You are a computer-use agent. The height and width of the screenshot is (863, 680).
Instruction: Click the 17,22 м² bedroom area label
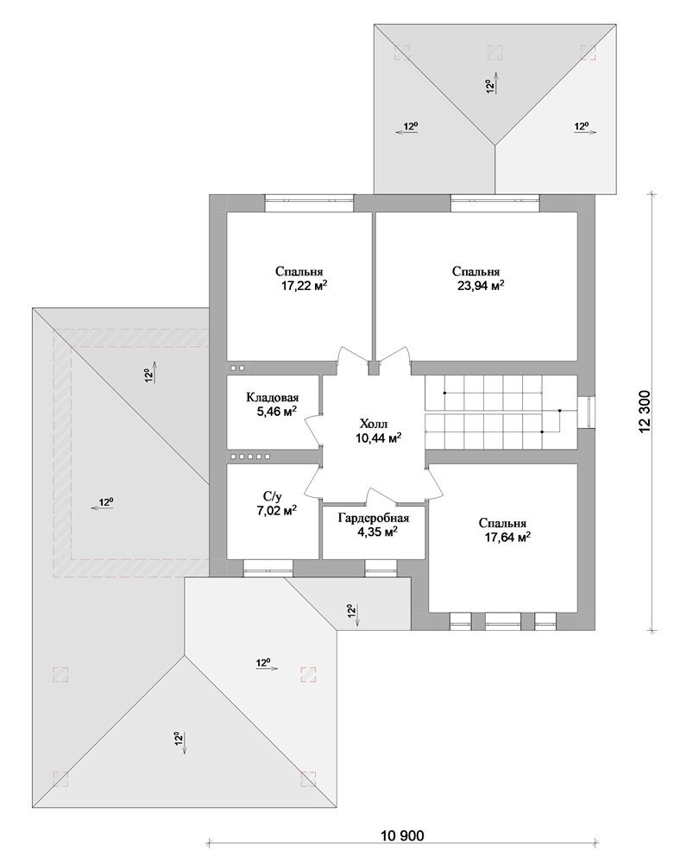(305, 286)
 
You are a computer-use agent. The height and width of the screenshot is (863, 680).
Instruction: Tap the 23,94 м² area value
(481, 286)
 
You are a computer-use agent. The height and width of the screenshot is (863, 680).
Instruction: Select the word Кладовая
(273, 397)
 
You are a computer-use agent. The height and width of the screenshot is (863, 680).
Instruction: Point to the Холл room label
(374, 423)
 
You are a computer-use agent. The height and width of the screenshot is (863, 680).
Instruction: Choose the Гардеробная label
(374, 518)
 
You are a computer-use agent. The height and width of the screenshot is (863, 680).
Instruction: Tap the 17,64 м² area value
(507, 537)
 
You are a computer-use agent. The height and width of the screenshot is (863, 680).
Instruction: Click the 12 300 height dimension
(645, 412)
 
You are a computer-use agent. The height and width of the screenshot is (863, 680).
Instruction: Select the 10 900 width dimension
(402, 835)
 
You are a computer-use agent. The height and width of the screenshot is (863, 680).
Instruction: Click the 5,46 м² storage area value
(277, 411)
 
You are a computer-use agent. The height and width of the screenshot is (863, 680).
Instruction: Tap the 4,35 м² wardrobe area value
(377, 532)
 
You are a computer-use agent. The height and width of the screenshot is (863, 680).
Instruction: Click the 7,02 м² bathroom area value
(276, 510)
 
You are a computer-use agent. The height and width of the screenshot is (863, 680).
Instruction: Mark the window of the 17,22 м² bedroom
(309, 203)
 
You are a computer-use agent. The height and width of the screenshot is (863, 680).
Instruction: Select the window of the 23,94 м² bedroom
(495, 203)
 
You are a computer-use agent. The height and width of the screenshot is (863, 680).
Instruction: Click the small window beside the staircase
(587, 412)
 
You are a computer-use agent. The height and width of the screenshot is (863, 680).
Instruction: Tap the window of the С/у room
(268, 568)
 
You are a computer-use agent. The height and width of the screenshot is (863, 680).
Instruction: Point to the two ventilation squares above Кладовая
(237, 368)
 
